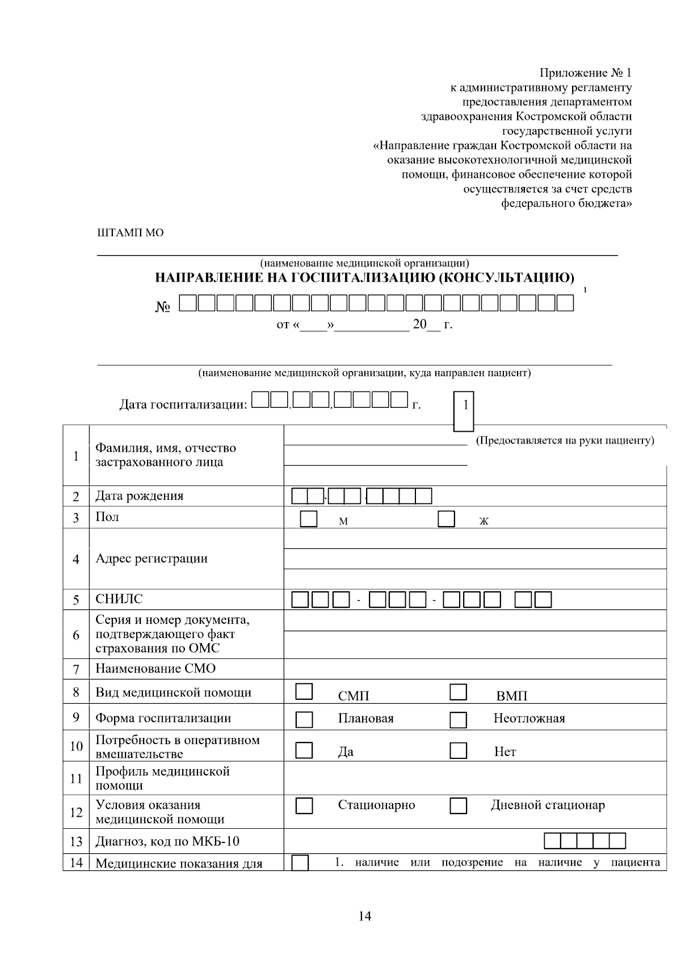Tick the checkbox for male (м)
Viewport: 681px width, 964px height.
308,519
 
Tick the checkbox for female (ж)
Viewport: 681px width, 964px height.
447,519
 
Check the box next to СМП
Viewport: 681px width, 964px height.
304,691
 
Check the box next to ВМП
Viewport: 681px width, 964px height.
458,691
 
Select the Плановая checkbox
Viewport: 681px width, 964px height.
304,719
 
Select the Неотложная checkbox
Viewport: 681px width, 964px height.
458,719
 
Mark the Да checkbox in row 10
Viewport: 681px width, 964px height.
304,750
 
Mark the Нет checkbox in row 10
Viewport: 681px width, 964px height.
458,750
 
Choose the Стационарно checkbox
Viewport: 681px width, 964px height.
304,806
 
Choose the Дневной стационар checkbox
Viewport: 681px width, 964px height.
458,806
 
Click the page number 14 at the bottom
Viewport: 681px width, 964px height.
365,916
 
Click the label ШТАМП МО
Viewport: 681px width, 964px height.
131,233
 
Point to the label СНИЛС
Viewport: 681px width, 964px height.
119,599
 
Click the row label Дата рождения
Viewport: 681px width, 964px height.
139,495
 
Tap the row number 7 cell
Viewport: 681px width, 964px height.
76,669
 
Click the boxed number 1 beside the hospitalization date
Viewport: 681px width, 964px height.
465,405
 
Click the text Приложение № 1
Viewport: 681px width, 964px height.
585,73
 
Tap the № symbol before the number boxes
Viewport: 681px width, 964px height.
163,307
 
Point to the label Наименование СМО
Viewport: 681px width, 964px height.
155,668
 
